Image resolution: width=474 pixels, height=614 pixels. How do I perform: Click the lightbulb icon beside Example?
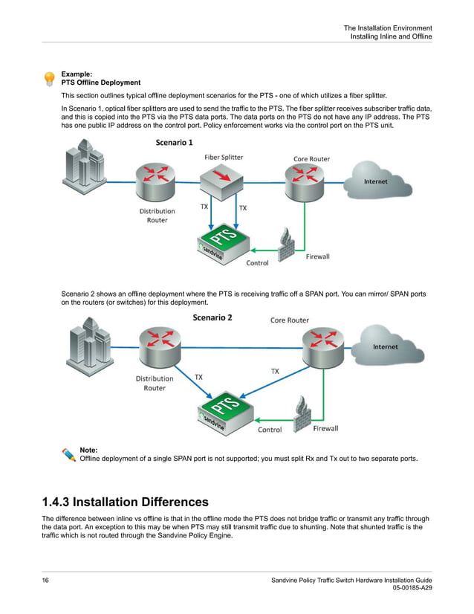pos(49,78)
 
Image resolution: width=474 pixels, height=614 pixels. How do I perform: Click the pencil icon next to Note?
pos(68,453)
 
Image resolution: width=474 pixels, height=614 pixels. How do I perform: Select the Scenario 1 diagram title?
pos(174,142)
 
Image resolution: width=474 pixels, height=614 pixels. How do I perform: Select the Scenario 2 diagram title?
pos(212,317)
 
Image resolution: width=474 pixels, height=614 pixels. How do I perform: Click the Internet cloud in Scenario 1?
pos(374,181)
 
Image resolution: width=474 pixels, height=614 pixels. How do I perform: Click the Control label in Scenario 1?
pos(257,262)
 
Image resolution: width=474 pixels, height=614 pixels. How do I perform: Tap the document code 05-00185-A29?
pos(412,588)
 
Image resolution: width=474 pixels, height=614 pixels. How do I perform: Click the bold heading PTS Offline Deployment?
pos(100,83)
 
